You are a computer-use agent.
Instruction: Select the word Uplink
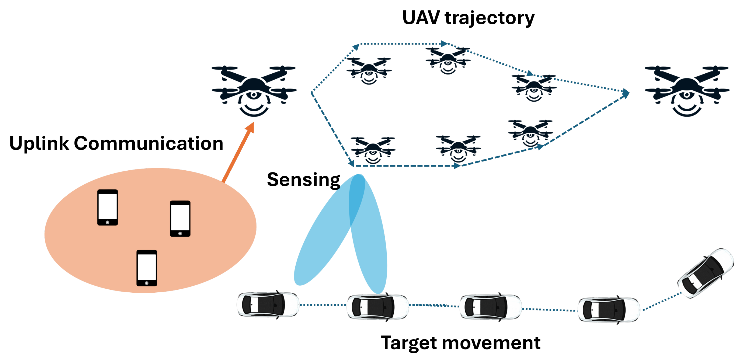click(39, 143)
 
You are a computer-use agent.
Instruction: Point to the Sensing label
click(303, 180)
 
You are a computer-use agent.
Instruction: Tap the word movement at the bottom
click(491, 343)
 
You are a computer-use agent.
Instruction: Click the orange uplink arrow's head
click(250, 127)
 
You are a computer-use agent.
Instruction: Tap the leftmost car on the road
click(268, 305)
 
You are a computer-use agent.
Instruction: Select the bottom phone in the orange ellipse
click(147, 268)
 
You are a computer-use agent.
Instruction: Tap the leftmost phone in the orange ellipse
click(108, 207)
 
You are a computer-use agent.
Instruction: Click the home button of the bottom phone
click(147, 283)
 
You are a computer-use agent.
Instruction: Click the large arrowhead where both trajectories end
click(626, 93)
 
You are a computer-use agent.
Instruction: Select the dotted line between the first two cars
click(323, 305)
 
